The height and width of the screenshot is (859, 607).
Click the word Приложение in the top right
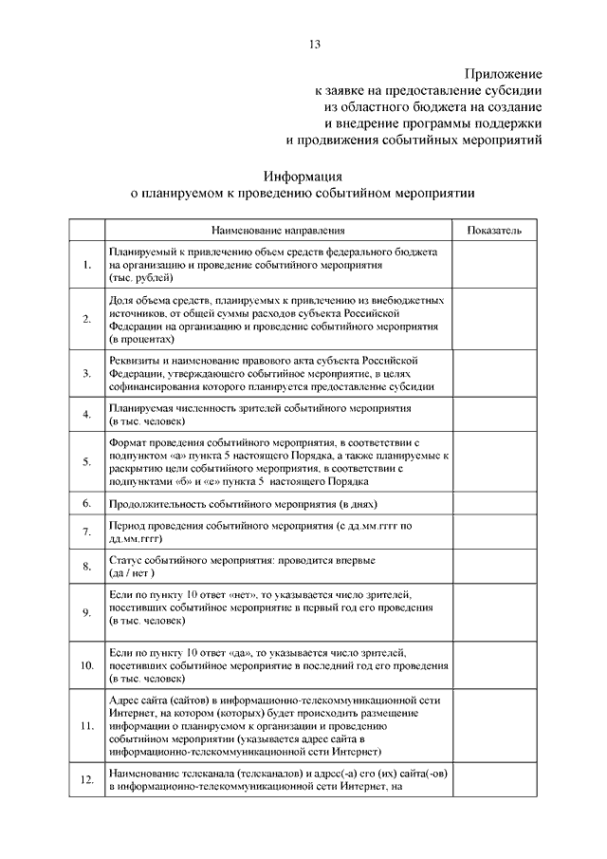504,73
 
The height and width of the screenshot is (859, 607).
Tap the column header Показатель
494,231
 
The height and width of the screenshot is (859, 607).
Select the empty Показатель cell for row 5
494,462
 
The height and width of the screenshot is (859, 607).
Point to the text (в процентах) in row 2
142,339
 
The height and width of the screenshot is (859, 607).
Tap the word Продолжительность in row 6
158,503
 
